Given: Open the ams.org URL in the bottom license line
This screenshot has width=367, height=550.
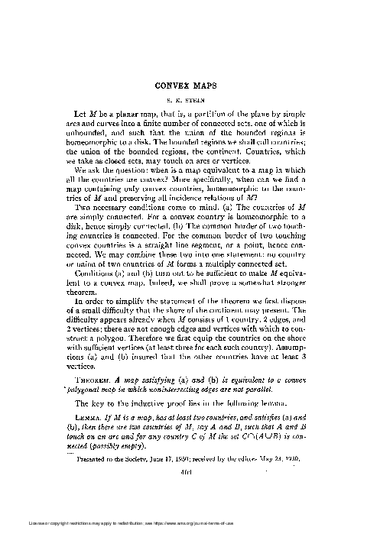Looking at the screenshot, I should (275, 545).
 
